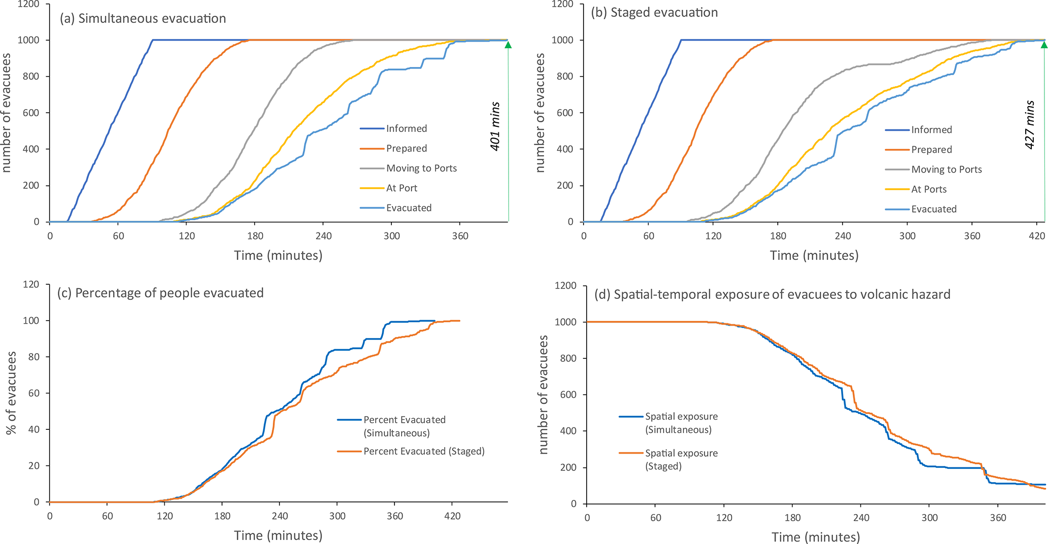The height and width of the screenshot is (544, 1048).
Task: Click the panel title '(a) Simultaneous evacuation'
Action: [142, 19]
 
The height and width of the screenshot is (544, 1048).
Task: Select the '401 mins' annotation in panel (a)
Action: [495, 126]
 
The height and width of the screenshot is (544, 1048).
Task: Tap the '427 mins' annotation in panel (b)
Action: [1030, 125]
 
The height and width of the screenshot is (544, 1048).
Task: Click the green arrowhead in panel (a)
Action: [508, 45]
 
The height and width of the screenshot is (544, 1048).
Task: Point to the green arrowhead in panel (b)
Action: [1044, 45]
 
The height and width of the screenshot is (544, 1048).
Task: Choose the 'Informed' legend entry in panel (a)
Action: [406, 129]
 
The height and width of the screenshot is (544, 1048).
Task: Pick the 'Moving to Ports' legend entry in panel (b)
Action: [946, 169]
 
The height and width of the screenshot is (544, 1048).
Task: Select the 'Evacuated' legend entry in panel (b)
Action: [933, 209]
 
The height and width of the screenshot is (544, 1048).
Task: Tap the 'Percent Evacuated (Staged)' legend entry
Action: [424, 451]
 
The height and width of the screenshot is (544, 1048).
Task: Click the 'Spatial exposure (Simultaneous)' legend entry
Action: [681, 423]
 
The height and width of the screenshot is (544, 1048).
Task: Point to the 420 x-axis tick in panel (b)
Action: [1037, 236]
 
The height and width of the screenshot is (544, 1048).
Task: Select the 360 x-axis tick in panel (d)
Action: [998, 518]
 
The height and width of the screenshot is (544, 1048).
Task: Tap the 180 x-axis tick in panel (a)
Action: [255, 236]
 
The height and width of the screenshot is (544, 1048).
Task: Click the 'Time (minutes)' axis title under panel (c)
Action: [278, 535]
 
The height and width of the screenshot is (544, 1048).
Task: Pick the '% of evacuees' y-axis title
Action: [11, 393]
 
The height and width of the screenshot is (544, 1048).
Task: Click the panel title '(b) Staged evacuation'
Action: [654, 13]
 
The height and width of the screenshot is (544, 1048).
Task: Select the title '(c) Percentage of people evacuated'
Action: [160, 293]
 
